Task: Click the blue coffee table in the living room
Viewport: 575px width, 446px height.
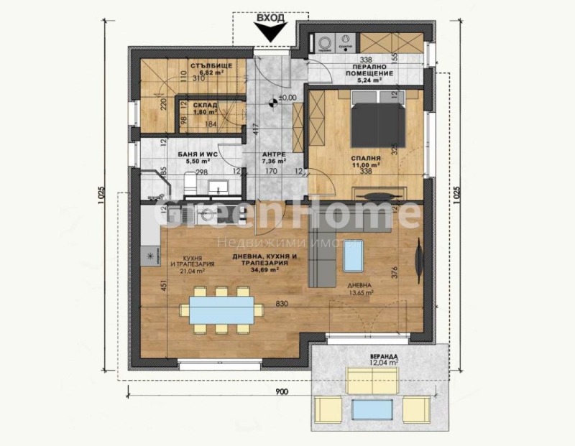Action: click(353, 255)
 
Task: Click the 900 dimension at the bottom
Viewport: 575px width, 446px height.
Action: click(281, 391)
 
